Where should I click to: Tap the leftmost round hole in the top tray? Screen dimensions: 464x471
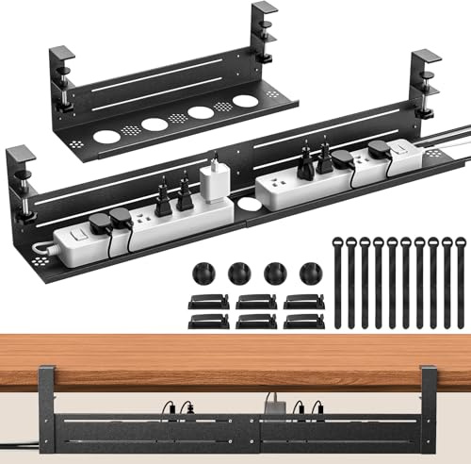click(x=108, y=135)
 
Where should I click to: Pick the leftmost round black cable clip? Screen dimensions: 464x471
click(x=200, y=274)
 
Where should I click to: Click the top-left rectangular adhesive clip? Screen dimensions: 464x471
click(x=206, y=303)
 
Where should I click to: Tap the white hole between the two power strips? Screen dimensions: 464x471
click(x=248, y=203)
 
